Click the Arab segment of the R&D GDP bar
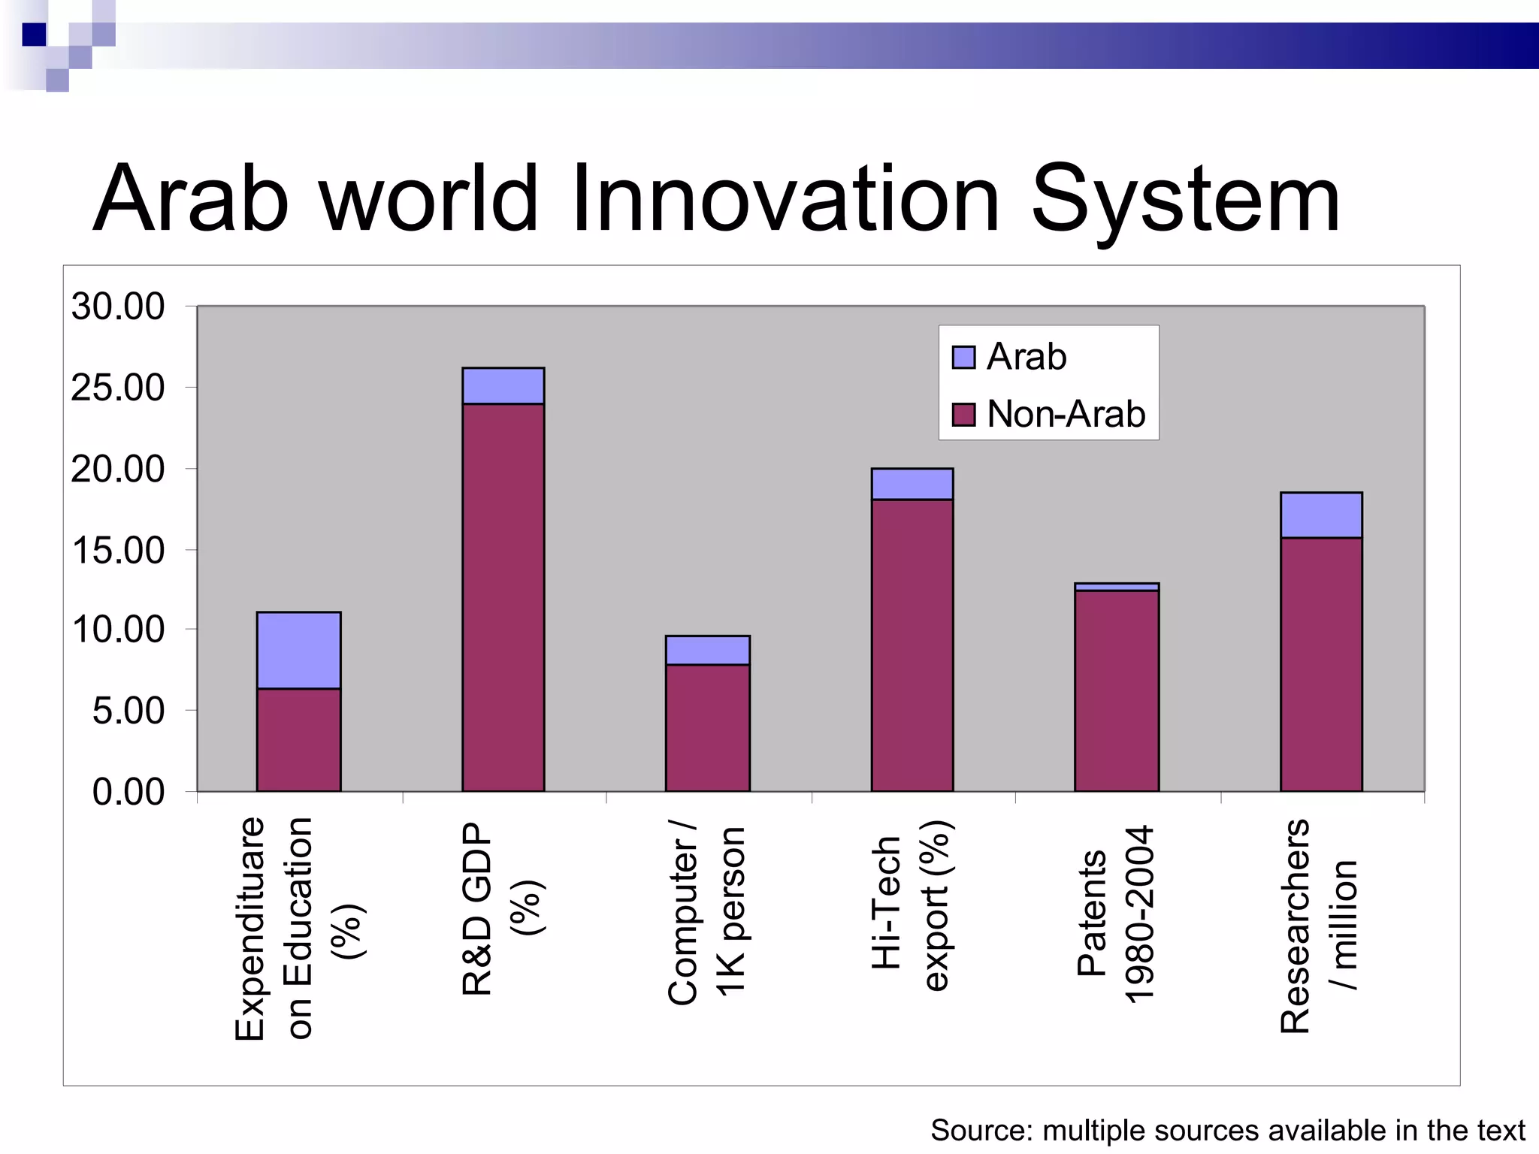point(503,386)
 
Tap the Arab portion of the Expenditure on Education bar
point(298,651)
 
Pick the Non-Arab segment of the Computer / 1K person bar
point(707,727)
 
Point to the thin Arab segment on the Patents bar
point(1116,587)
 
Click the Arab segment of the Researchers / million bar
point(1320,515)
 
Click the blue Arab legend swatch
point(963,358)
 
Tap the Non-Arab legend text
point(1066,414)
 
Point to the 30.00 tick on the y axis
point(118,307)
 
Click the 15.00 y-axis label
point(118,551)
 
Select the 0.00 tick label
point(128,792)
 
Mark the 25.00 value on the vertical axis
point(118,388)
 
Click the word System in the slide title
point(1185,200)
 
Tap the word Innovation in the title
point(785,200)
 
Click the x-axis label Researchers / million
point(1319,926)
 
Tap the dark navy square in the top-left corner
point(35,35)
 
